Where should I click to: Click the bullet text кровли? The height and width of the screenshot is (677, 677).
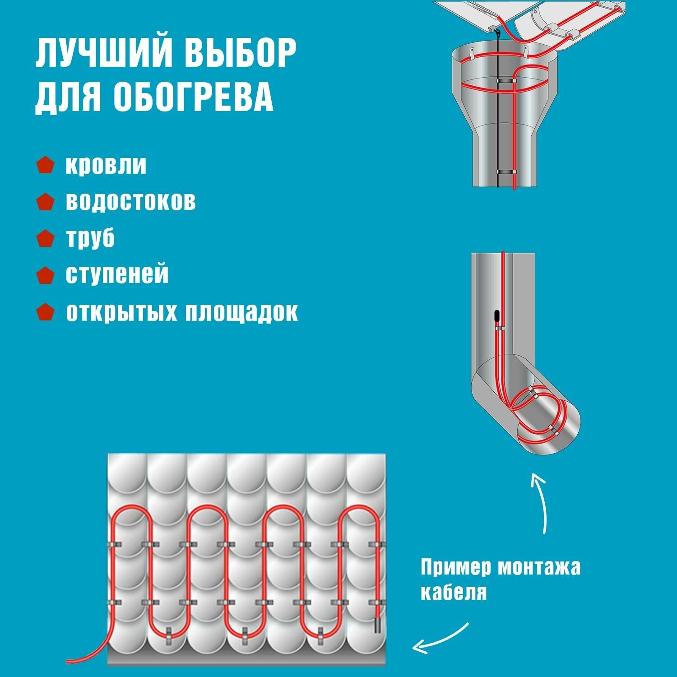click(106, 165)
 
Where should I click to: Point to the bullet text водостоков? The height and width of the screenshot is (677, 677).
click(131, 201)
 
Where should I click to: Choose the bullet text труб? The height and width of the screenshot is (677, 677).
click(90, 238)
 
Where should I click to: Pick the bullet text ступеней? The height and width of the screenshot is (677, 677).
click(117, 274)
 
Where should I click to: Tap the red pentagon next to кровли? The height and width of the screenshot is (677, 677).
click(45, 165)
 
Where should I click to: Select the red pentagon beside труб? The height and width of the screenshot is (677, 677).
click(45, 238)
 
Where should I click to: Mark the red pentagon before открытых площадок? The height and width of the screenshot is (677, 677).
click(45, 312)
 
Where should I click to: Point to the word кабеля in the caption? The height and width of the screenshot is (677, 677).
click(454, 592)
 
